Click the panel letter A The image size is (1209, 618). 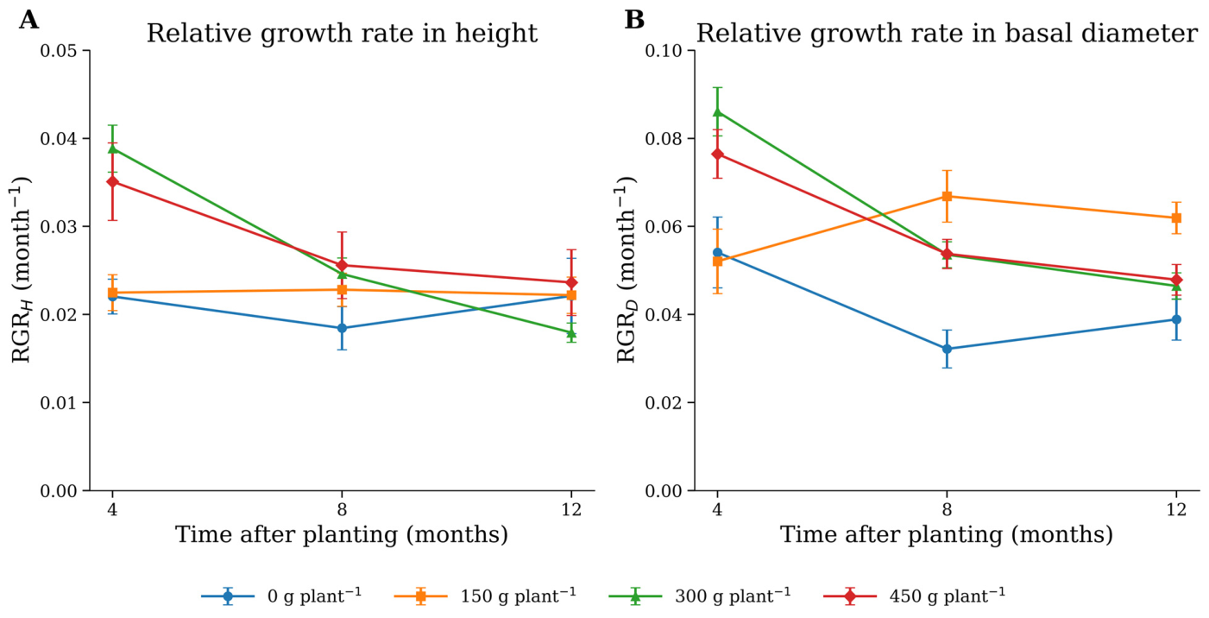[x=28, y=20]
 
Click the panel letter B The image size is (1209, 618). [x=634, y=20]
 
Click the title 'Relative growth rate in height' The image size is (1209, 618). [x=343, y=34]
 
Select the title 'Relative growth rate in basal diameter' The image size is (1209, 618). [x=947, y=34]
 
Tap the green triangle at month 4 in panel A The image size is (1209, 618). [x=112, y=148]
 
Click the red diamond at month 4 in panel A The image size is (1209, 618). [x=112, y=182]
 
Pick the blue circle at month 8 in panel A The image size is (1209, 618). [x=342, y=328]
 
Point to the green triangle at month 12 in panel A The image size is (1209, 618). [x=571, y=332]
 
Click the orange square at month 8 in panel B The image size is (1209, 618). [x=947, y=196]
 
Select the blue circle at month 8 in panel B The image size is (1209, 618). [x=947, y=349]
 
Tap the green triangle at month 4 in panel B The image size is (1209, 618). [x=717, y=111]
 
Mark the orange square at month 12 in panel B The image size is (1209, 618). [x=1176, y=218]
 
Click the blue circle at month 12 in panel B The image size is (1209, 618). [x=1176, y=319]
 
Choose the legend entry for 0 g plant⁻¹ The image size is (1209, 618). [x=281, y=596]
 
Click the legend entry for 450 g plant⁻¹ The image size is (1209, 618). [x=915, y=596]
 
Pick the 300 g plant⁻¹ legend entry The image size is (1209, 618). [x=700, y=596]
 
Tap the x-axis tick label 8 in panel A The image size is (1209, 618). [x=342, y=509]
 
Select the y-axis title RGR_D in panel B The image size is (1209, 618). [x=627, y=269]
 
